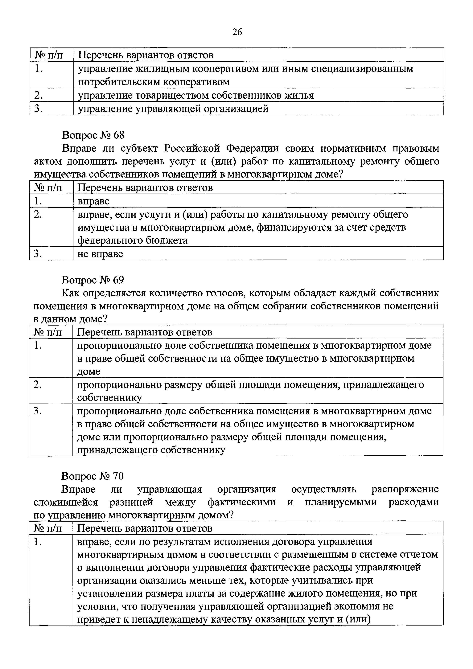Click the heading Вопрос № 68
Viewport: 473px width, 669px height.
point(93,135)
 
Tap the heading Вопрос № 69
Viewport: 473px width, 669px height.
point(93,280)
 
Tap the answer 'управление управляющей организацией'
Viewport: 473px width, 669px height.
point(173,109)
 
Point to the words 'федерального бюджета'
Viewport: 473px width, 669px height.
point(133,240)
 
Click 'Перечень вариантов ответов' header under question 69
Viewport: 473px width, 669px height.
point(145,332)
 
